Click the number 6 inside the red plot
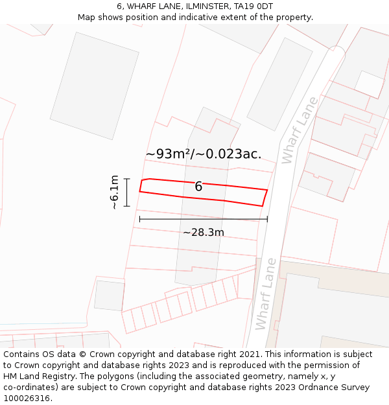198,187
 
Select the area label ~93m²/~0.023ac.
204,154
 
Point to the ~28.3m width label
203,232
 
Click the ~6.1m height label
114,192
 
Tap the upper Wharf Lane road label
300,129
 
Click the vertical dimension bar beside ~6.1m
127,192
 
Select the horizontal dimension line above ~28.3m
203,220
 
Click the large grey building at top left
95,85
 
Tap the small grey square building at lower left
109,295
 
